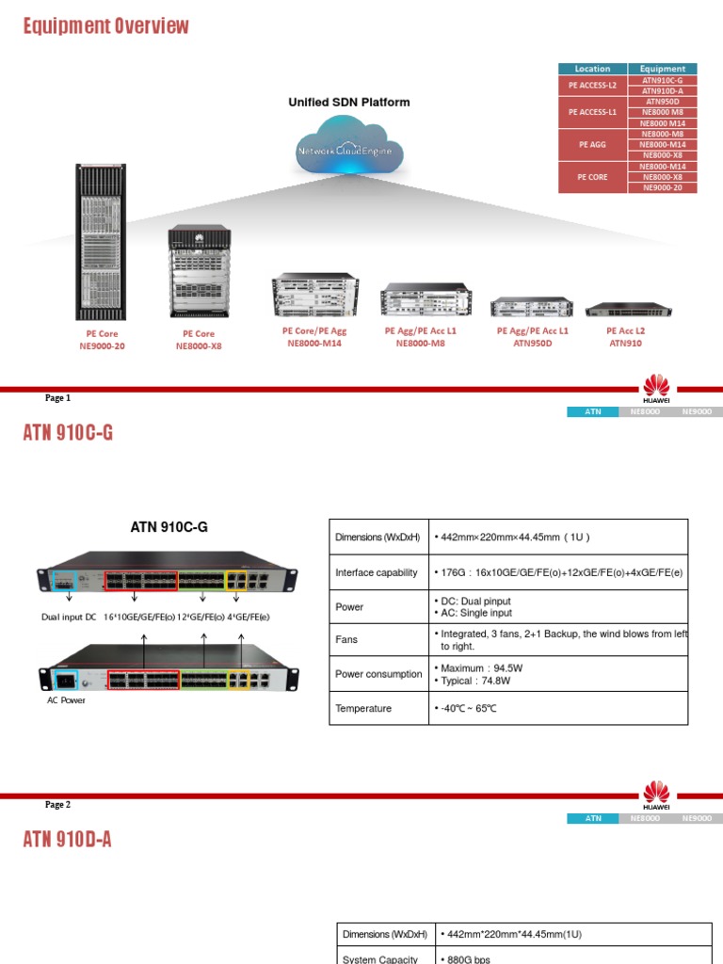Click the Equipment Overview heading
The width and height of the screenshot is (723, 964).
106,26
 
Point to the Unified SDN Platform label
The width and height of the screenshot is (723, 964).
348,103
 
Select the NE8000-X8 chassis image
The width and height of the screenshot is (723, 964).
199,273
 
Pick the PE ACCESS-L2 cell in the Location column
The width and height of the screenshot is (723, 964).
592,85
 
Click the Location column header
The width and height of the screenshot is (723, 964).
592,69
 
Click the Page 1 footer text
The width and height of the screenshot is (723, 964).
58,398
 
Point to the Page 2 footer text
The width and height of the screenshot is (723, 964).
58,805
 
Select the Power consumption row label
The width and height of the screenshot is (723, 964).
378,674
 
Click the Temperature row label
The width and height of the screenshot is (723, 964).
363,708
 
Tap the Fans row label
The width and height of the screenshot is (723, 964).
348,639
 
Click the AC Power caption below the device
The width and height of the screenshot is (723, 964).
66,700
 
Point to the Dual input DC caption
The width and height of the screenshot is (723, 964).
69,617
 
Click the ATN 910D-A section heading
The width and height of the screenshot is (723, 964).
67,839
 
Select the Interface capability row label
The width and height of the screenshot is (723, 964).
377,572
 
